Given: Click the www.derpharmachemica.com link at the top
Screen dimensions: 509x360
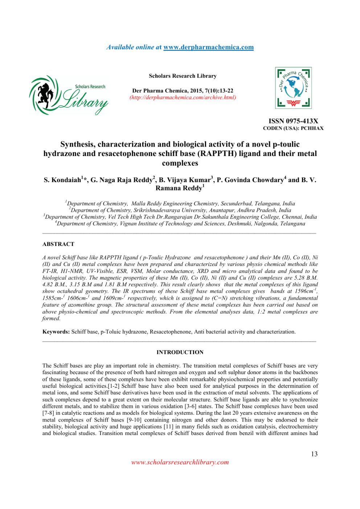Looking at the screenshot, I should pos(208,47).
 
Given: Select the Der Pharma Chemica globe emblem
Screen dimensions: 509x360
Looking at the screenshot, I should pos(293,88).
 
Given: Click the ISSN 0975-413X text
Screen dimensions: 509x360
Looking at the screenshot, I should pos(293,121).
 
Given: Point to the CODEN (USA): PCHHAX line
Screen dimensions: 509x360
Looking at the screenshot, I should pos(293,128).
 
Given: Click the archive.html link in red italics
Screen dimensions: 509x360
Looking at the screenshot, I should pos(183,98).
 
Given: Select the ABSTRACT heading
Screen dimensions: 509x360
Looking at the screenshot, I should pos(58,244).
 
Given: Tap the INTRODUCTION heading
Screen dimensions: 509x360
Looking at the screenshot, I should pos(180,352).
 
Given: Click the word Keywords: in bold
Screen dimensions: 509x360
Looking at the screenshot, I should pos(56,332).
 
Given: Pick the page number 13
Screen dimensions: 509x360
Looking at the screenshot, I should pos(314,454).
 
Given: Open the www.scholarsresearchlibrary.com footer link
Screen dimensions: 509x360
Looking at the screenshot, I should pos(180,462).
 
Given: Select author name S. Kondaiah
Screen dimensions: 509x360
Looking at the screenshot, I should pos(62,180).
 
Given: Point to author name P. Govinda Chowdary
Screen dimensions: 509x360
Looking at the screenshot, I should pos(250,180).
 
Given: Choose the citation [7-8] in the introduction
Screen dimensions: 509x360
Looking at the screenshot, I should pos(48,413).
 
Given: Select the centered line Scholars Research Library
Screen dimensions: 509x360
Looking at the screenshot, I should pos(183,76).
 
